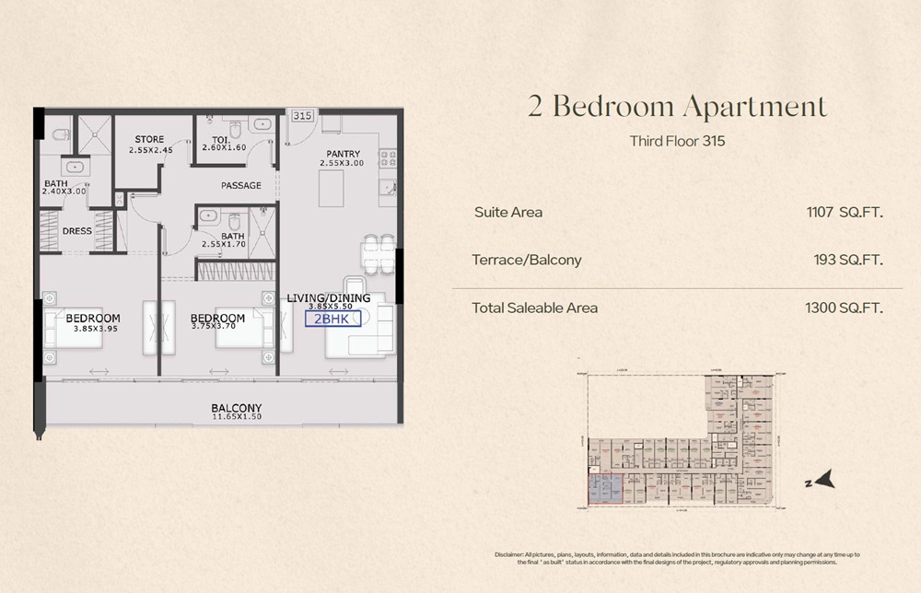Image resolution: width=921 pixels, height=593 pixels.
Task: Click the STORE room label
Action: [149, 139]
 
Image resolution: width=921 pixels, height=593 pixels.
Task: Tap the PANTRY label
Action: [341, 153]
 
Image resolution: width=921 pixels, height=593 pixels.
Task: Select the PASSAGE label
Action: [241, 185]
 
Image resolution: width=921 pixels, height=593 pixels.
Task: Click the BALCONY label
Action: [237, 408]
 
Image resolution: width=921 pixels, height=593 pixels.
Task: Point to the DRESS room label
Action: [77, 230]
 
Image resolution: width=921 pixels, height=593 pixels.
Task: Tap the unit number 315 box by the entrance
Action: [301, 116]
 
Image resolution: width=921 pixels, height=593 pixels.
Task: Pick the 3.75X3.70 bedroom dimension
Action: [218, 329]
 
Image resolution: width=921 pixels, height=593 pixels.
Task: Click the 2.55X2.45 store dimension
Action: [150, 149]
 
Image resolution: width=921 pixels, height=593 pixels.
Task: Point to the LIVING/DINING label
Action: [329, 297]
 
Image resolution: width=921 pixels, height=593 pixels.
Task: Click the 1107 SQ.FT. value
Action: [845, 212]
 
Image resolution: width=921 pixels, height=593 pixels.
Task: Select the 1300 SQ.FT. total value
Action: [845, 308]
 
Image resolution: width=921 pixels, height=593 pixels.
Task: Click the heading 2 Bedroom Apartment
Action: [677, 107]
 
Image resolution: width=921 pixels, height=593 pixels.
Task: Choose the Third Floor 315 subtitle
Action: [678, 142]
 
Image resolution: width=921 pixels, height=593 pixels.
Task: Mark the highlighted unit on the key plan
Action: [605, 485]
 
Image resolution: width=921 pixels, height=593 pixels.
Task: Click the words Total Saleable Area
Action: [534, 308]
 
